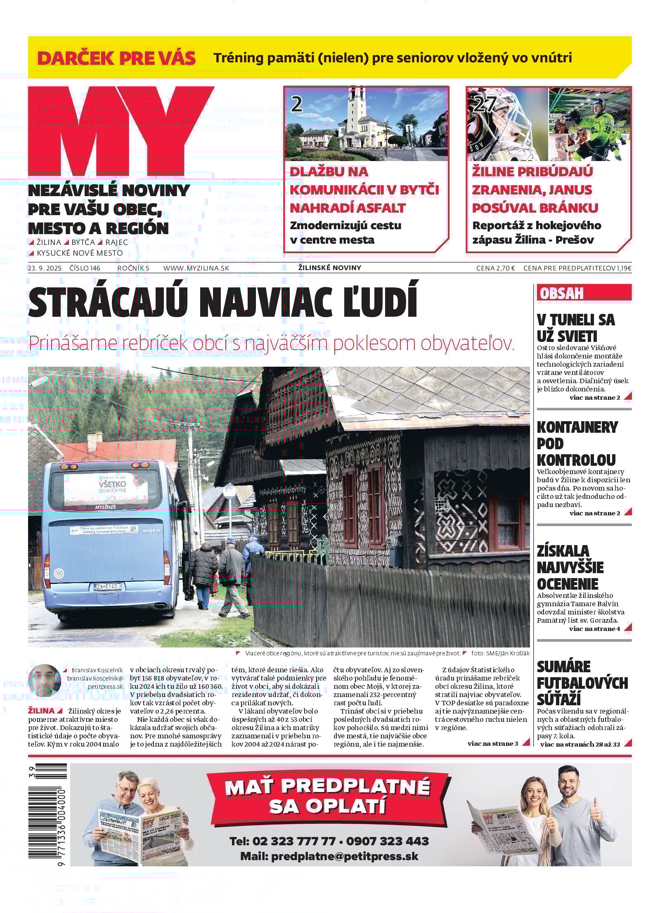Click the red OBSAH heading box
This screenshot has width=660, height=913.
coord(584,292)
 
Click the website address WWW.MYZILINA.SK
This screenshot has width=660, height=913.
coord(196,268)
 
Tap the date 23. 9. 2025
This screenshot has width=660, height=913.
coord(45,268)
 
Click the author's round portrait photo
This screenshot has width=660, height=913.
coord(44,680)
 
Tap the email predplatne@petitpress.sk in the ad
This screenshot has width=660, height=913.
coord(329,856)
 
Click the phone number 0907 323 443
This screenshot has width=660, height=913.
coord(387,841)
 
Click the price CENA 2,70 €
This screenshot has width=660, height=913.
coord(495,268)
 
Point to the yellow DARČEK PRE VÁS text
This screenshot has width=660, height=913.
coord(116,58)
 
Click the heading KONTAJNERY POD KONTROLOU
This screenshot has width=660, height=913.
coord(577,443)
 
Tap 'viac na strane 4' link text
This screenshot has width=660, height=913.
coord(594,629)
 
